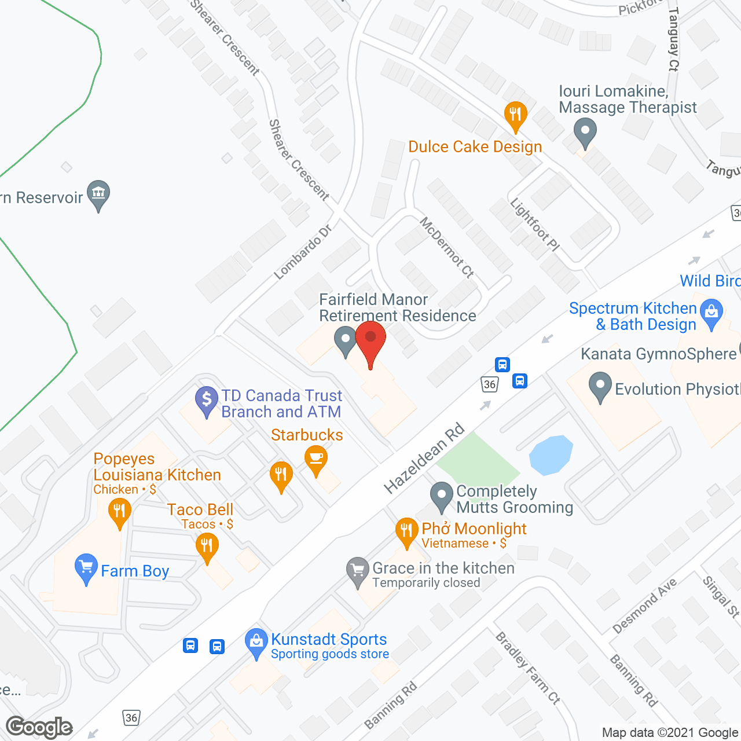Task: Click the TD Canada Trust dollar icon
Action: pyautogui.click(x=207, y=400)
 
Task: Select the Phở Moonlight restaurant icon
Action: pyautogui.click(x=407, y=531)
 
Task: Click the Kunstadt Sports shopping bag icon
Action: pyautogui.click(x=256, y=641)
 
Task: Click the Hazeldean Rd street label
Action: pyautogui.click(x=424, y=458)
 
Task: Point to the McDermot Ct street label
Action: pyautogui.click(x=447, y=247)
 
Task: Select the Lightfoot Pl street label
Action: pyautogui.click(x=534, y=225)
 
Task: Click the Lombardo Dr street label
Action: pyautogui.click(x=302, y=252)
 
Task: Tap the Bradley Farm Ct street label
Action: pyautogui.click(x=527, y=668)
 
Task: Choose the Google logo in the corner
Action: pyautogui.click(x=39, y=727)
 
